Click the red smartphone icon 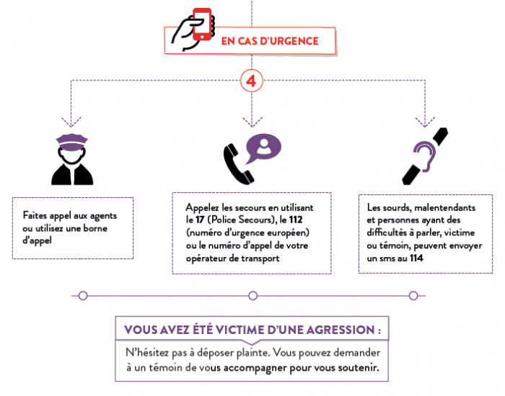point(202,24)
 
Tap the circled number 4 point(252,81)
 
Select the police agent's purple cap point(72,142)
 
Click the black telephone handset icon point(239,164)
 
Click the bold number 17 point(200,220)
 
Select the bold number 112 point(296,220)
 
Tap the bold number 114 point(416,258)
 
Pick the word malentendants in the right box point(445,207)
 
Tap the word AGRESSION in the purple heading point(340,330)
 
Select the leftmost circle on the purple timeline point(83,296)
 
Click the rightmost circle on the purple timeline point(413,296)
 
